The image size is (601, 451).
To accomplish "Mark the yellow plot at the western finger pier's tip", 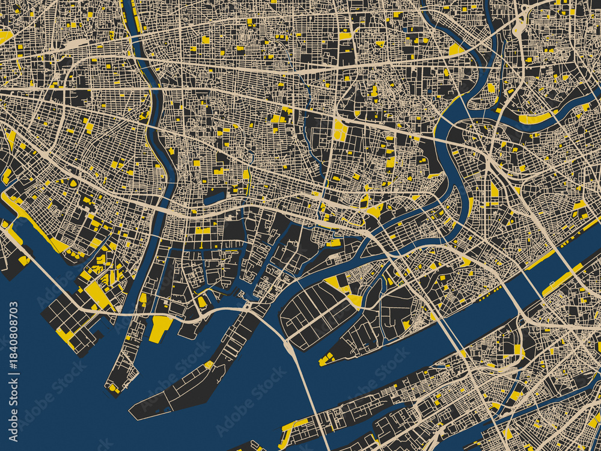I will (113, 388).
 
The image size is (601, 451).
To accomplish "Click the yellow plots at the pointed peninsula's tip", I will (326, 360).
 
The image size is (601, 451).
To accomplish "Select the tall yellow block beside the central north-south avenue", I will (340, 129).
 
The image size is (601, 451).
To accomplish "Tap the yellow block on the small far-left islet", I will (24, 260).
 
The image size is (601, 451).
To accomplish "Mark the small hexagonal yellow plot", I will (73, 183).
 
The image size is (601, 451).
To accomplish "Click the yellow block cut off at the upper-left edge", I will (5, 37).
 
